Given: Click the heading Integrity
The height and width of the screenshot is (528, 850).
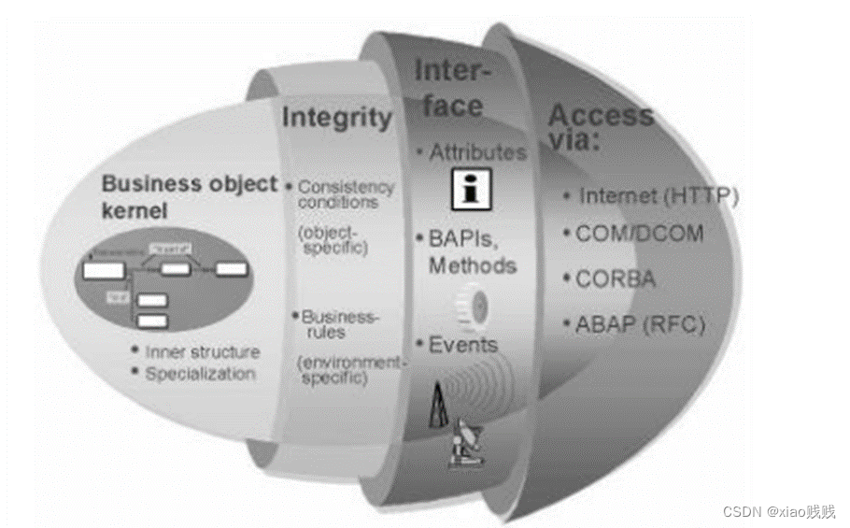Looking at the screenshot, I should [337, 118].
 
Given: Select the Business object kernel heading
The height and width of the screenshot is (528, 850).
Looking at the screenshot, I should [189, 195].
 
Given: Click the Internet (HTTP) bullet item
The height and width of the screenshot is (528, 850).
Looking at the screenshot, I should [658, 196].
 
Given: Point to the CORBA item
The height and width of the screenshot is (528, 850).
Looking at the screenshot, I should [615, 278].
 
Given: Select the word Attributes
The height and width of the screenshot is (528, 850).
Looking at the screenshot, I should [477, 151].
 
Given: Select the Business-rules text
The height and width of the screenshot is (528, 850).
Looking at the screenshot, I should [340, 324].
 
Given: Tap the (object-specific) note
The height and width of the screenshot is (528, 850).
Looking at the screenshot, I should [333, 239].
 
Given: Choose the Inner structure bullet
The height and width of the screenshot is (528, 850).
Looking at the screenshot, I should [202, 352].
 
